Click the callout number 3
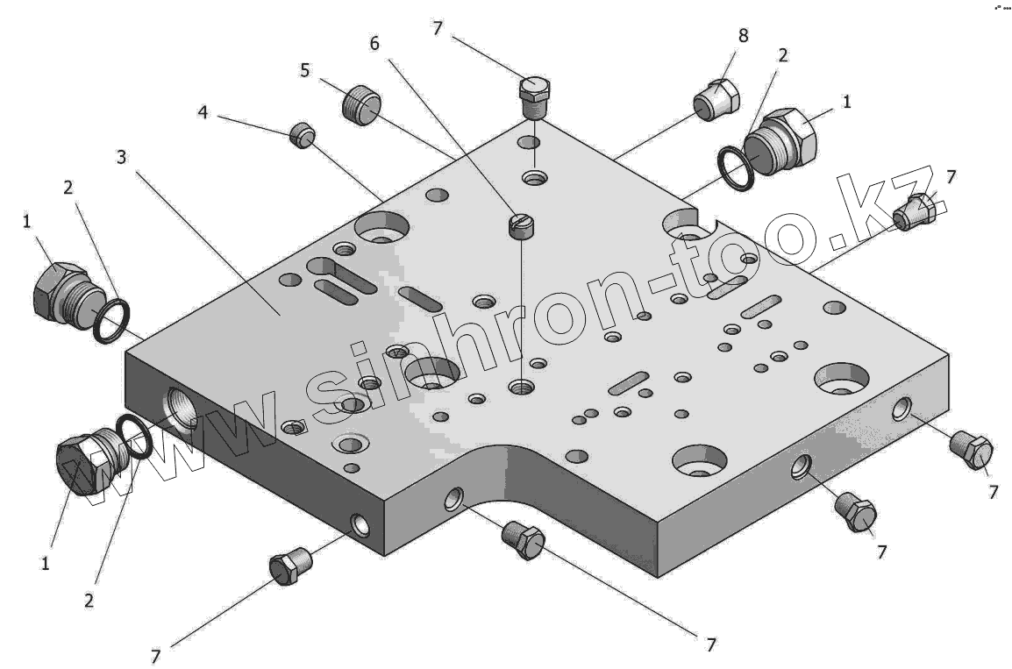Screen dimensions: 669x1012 [x=122, y=157]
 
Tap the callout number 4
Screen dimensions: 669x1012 [x=203, y=113]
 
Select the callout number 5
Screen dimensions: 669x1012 [x=305, y=69]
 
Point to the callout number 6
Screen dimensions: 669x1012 [x=374, y=44]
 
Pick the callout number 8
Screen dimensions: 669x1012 [x=744, y=35]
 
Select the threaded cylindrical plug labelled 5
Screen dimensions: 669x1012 [x=360, y=105]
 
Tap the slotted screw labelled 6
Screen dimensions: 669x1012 [x=521, y=225]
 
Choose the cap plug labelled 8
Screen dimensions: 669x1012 [x=716, y=98]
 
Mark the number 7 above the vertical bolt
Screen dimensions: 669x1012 [x=438, y=28]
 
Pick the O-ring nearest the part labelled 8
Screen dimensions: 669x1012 [x=735, y=169]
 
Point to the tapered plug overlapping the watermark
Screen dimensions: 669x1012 [x=914, y=210]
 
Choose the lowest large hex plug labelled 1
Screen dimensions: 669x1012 [x=81, y=465]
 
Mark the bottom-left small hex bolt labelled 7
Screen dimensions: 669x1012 [x=290, y=567]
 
